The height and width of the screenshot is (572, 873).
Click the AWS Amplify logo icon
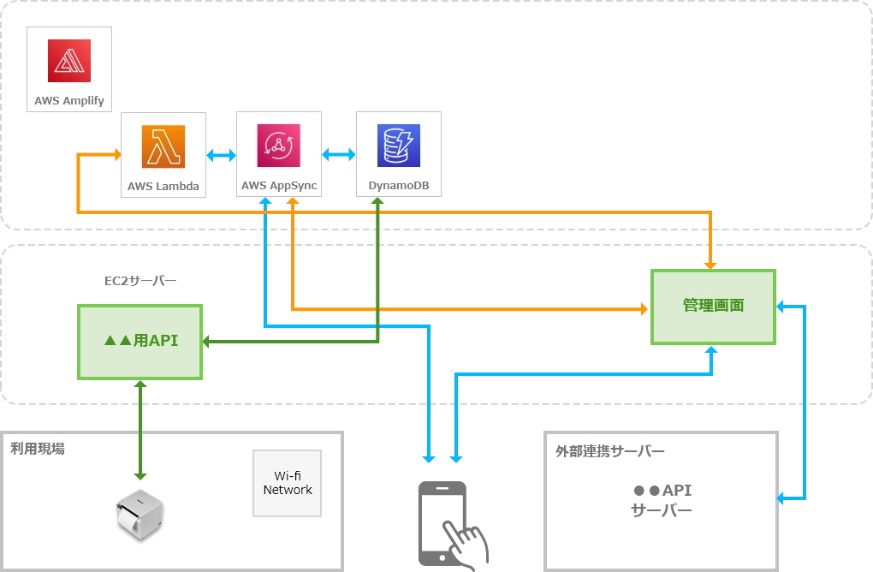tap(69, 61)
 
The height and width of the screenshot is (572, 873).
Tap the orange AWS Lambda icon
tap(163, 147)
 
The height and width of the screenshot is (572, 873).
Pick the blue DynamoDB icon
tap(399, 146)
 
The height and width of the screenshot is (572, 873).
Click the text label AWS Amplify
tap(69, 100)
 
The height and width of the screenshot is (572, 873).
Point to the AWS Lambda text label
tap(163, 186)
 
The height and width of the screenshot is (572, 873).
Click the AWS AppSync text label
tap(279, 186)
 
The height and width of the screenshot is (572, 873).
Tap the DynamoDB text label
tap(399, 186)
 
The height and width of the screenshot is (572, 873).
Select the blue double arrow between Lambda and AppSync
tap(222, 156)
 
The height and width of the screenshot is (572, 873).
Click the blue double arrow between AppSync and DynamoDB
tap(339, 156)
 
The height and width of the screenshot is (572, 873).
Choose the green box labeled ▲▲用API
tap(141, 341)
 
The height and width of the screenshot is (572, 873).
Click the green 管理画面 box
tap(713, 306)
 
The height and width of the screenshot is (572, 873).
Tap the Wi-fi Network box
tap(288, 483)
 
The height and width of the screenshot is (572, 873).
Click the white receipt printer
tap(140, 515)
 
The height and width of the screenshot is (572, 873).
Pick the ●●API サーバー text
tap(662, 501)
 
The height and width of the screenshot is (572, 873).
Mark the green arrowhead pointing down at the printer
tap(140, 474)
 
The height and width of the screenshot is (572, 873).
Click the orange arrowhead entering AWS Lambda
tap(115, 155)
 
